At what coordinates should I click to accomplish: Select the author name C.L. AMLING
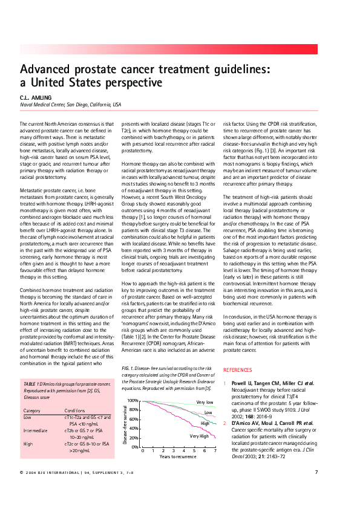coord(35,97)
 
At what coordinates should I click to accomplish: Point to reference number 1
coord(226,383)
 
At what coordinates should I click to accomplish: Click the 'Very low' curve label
coord(205,402)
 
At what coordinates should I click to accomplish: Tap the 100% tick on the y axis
coord(133,401)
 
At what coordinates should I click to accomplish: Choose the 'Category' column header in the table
coord(32,410)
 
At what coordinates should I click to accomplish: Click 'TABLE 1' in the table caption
coord(31,384)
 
